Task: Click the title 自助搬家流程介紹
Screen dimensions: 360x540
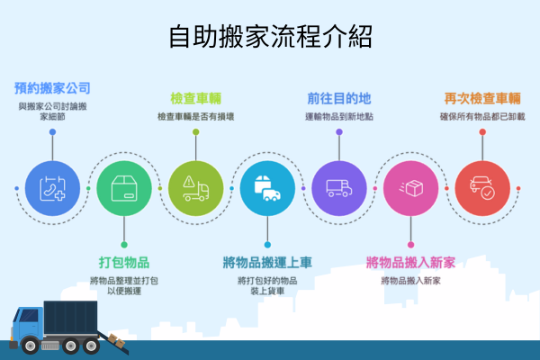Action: click(270, 38)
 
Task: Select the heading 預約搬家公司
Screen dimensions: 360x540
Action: click(52, 88)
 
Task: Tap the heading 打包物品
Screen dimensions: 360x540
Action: click(123, 262)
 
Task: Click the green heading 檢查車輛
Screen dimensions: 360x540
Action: click(195, 98)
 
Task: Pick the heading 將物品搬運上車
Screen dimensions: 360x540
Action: click(267, 262)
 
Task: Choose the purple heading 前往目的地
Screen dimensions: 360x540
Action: click(338, 97)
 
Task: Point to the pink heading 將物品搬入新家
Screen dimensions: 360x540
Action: click(410, 262)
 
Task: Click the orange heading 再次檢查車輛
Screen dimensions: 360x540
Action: click(482, 98)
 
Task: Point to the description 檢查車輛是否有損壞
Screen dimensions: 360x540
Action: click(195, 117)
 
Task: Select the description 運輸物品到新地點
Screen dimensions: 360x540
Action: click(338, 117)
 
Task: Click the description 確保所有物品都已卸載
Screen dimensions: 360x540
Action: click(482, 117)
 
